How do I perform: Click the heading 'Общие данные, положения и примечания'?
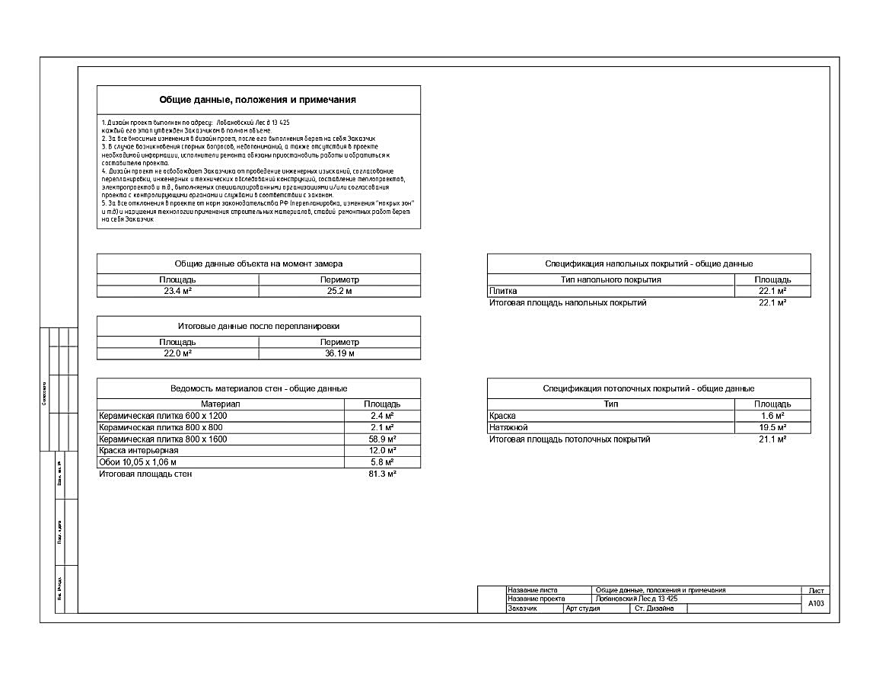click(257, 100)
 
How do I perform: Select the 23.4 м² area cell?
click(177, 291)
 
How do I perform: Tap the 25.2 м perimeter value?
click(339, 291)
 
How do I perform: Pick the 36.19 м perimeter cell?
click(339, 353)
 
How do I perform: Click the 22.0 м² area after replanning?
click(177, 353)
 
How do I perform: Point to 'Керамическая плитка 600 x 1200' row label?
click(163, 416)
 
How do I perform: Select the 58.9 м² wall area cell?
click(381, 439)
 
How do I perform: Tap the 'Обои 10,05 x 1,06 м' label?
click(138, 462)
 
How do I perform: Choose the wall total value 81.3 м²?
click(381, 474)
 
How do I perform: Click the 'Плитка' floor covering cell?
click(503, 291)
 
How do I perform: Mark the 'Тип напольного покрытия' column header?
click(610, 279)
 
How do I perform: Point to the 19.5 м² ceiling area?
click(772, 428)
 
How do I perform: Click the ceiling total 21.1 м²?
click(772, 439)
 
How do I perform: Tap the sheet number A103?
click(815, 603)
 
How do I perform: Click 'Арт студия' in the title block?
click(583, 608)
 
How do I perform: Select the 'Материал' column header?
click(220, 404)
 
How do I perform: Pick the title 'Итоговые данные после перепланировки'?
click(258, 326)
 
